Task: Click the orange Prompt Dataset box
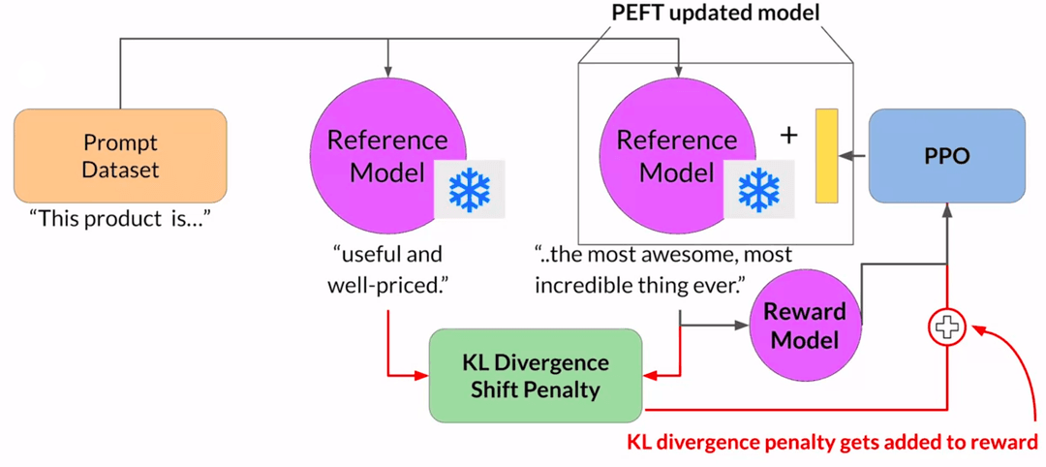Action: coord(120,156)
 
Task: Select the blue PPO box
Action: coord(946,155)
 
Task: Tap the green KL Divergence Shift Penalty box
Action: coord(535,376)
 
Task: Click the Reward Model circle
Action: coord(804,325)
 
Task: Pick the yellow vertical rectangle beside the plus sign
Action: coord(826,156)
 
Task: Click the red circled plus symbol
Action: coord(946,327)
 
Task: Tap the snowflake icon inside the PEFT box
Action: coord(759,189)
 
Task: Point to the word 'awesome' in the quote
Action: coord(665,256)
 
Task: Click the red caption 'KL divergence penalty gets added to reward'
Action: coord(832,443)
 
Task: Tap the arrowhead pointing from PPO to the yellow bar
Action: coord(846,156)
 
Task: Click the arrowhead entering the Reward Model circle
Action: coord(743,326)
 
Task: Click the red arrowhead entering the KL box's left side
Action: coord(423,375)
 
